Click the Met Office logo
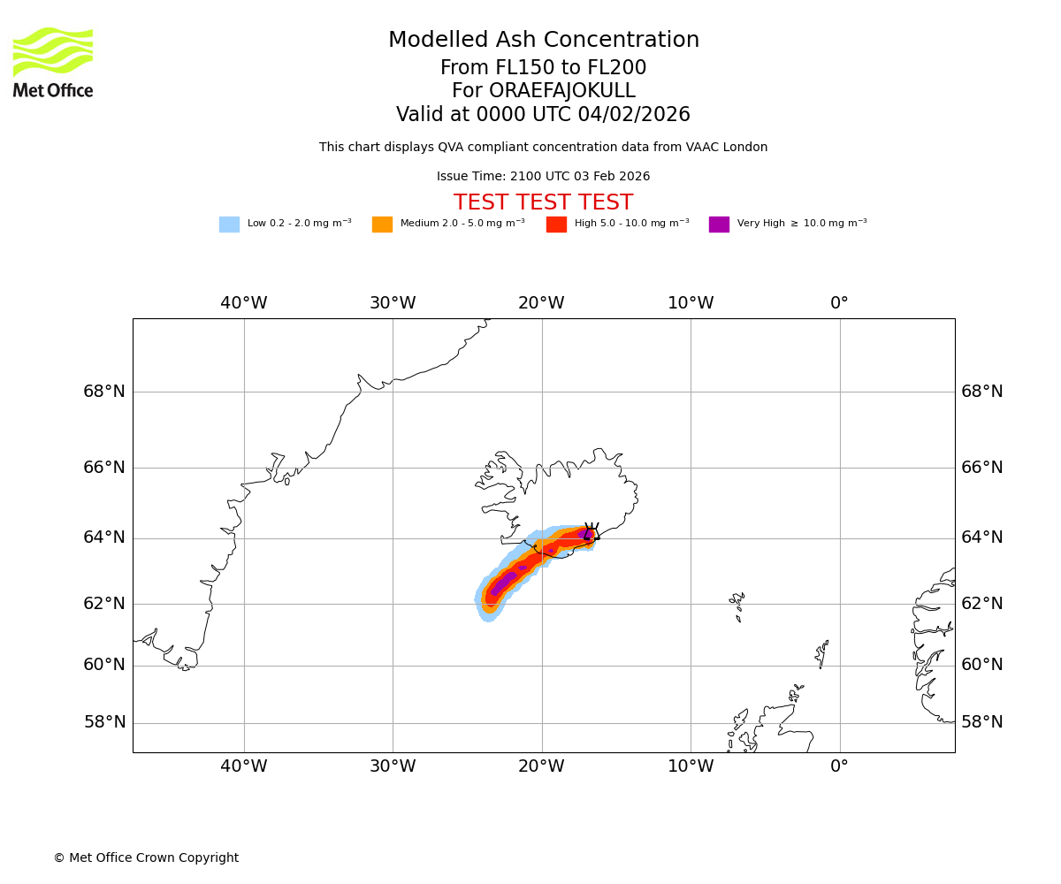coord(53,62)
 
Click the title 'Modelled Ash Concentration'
coord(543,41)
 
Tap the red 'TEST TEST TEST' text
coord(543,203)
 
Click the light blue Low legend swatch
coord(229,225)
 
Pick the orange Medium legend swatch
coord(382,225)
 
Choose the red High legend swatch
coord(556,225)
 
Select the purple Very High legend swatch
coord(719,225)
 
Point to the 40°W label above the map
coord(243,303)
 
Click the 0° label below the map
coord(839,766)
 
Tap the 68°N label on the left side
coord(104,392)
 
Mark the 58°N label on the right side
coord(981,722)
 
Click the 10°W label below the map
coord(691,766)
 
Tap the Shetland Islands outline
coord(821,654)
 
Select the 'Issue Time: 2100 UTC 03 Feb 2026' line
coord(543,177)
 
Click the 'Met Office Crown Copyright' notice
coord(146,858)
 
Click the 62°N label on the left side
coord(104,604)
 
